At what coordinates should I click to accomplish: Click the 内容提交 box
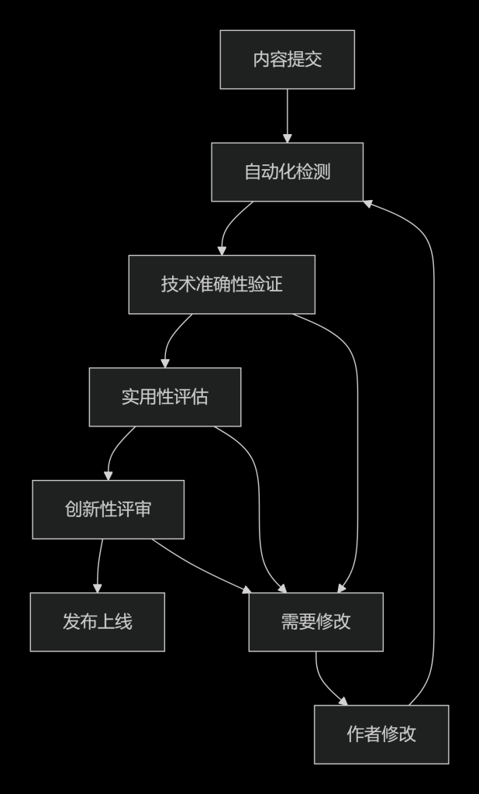point(287,60)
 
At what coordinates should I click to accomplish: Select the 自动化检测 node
point(287,172)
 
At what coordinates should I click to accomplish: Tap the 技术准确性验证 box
point(222,285)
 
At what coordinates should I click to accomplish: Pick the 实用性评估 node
point(164,397)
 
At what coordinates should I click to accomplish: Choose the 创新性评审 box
point(108,509)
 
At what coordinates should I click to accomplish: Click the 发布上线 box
point(97,622)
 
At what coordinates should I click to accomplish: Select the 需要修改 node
point(315,622)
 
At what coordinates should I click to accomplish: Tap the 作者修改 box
point(381,734)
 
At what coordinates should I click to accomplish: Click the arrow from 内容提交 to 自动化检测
point(287,115)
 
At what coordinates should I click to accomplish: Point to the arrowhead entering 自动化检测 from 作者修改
point(368,202)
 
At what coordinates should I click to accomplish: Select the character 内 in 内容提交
point(261,60)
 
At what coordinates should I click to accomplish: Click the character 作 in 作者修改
point(355,734)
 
